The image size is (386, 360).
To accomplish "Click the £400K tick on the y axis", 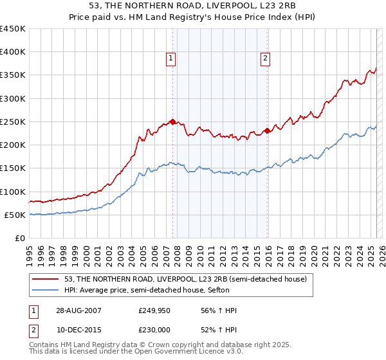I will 13,52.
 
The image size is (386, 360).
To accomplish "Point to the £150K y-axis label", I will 13,168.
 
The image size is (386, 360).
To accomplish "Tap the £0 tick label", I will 19,239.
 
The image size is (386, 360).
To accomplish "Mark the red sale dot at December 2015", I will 267,131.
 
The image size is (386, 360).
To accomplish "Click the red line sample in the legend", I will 46,279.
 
